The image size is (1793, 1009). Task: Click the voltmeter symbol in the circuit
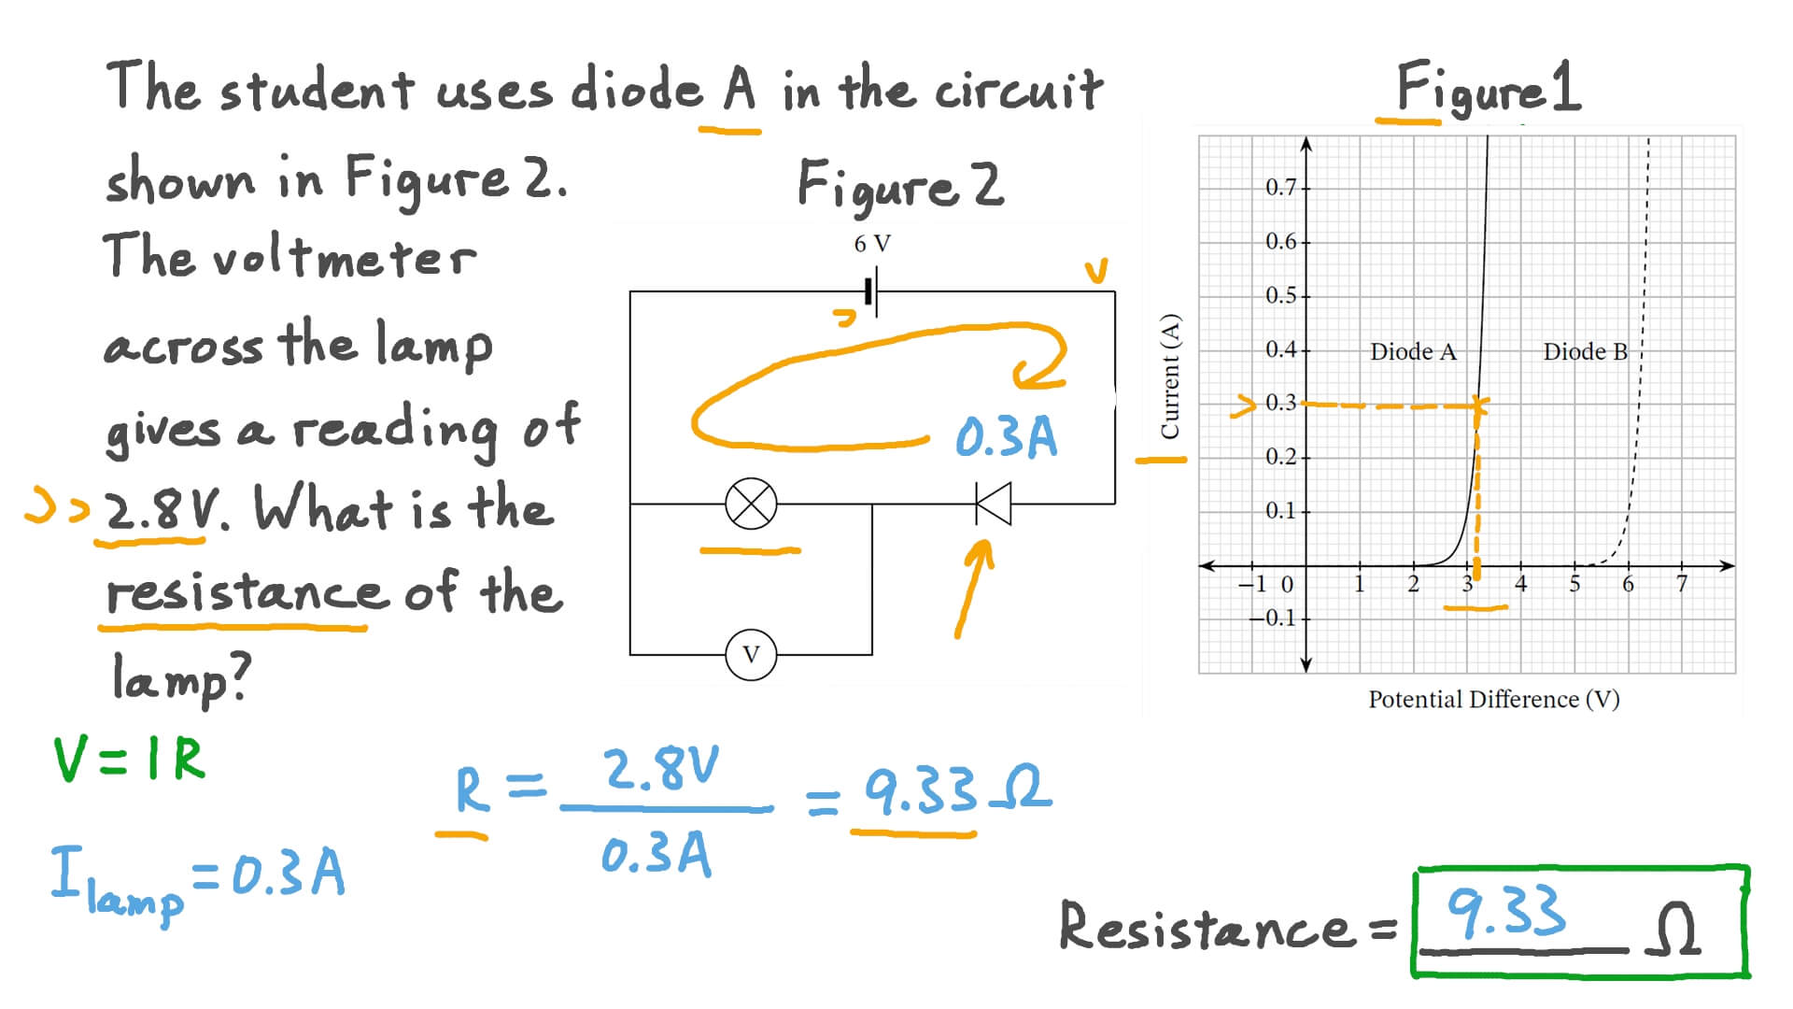pyautogui.click(x=751, y=654)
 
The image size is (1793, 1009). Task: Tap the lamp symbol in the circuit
pyautogui.click(x=751, y=504)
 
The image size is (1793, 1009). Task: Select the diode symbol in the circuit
pyautogui.click(x=993, y=504)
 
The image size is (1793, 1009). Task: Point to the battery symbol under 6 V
pyautogui.click(x=871, y=292)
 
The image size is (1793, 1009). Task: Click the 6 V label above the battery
pyautogui.click(x=872, y=244)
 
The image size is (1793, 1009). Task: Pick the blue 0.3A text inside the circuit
pyautogui.click(x=1006, y=437)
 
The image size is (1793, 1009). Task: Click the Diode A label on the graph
pyautogui.click(x=1412, y=352)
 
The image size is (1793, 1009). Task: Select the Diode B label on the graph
pyautogui.click(x=1585, y=352)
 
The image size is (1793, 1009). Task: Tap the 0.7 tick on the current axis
pyautogui.click(x=1281, y=188)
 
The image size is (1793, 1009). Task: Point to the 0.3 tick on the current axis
pyautogui.click(x=1281, y=403)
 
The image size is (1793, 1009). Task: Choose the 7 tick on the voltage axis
pyautogui.click(x=1682, y=585)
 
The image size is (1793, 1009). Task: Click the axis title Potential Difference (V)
pyautogui.click(x=1493, y=700)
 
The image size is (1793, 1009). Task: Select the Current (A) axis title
pyautogui.click(x=1169, y=376)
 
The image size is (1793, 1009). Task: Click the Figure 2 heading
pyautogui.click(x=900, y=184)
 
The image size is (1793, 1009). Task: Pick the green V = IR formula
pyautogui.click(x=129, y=760)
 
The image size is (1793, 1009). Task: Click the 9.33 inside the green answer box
pyautogui.click(x=1505, y=911)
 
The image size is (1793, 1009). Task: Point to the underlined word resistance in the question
pyautogui.click(x=245, y=592)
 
